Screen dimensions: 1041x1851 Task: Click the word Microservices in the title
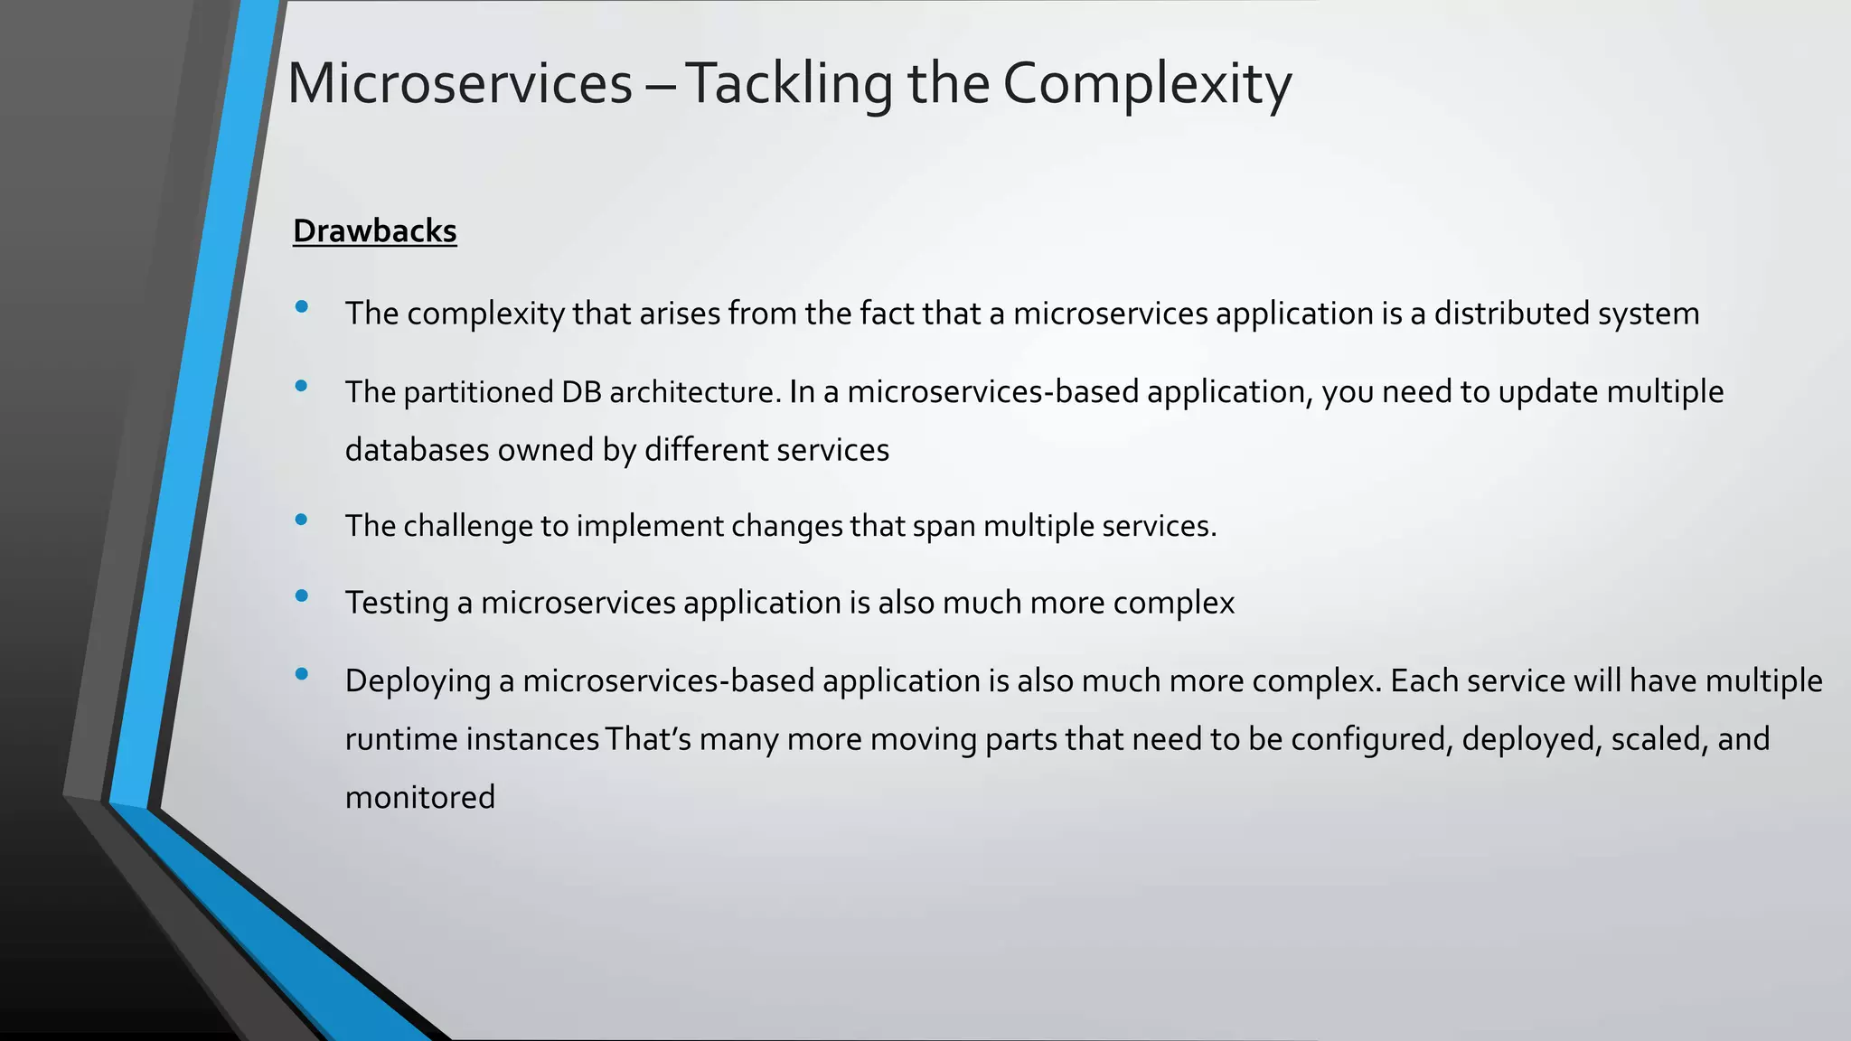[459, 83]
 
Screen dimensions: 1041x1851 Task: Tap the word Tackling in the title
[788, 83]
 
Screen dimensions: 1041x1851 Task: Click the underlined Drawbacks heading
[374, 231]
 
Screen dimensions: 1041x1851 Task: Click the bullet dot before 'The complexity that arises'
[302, 307]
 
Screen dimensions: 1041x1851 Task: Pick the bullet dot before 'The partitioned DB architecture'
[302, 386]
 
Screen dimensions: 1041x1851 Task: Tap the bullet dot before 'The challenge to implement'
[302, 519]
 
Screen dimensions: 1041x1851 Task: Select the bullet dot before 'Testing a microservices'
[302, 596]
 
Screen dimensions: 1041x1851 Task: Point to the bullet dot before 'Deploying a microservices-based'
[302, 673]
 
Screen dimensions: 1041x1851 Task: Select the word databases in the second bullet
[417, 450]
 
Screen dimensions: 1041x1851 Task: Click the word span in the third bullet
[944, 526]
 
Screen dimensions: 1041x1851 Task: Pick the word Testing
[396, 603]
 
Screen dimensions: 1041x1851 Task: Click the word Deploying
[417, 680]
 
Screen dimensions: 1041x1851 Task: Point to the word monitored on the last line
[420, 798]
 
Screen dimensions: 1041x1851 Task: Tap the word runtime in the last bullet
[401, 739]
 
